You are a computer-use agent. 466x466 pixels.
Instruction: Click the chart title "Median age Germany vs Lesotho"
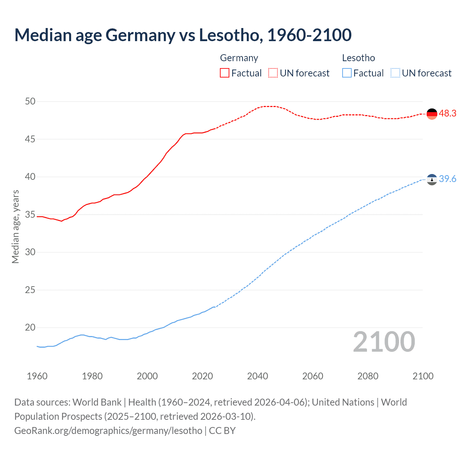tap(183, 35)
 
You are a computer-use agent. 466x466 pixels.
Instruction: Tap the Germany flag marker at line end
tap(432, 114)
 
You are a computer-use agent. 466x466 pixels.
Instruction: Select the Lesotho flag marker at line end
tap(432, 179)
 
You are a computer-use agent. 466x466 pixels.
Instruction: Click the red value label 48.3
tap(447, 114)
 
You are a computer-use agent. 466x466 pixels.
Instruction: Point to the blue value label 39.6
tap(447, 179)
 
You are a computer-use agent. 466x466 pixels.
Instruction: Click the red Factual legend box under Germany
tap(225, 73)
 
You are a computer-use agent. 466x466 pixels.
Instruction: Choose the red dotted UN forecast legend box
tap(273, 73)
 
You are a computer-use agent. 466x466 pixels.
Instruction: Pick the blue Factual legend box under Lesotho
tap(347, 73)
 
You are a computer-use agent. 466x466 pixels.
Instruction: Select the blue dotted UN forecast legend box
tap(395, 73)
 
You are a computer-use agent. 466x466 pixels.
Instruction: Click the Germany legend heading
tap(239, 58)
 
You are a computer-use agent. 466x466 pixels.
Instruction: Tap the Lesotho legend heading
tap(359, 58)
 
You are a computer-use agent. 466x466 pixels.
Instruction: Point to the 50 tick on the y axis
tap(30, 101)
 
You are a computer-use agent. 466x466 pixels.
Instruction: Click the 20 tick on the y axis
tap(30, 327)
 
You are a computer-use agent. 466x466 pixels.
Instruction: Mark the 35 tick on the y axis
tap(30, 214)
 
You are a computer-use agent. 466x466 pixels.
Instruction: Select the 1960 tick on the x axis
tap(37, 376)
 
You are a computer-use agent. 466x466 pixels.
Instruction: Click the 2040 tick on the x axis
tap(257, 376)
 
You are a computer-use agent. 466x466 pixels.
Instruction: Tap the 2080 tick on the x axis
tap(368, 376)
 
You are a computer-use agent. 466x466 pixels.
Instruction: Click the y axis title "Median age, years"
tap(15, 226)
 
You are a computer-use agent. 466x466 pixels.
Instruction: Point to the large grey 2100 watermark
tap(384, 341)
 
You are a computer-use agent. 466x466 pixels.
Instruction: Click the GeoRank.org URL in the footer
tap(108, 431)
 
